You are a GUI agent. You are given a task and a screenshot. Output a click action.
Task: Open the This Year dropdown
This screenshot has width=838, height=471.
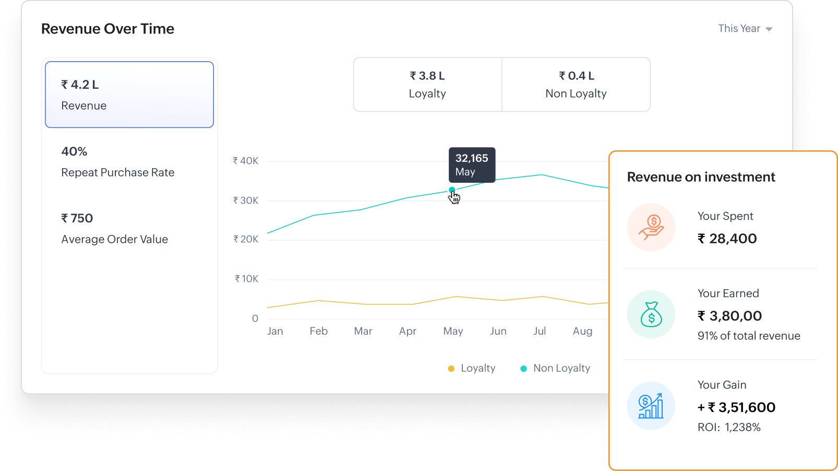[x=745, y=29]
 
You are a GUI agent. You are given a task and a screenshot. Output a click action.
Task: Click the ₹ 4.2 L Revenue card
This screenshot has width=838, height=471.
[x=129, y=95]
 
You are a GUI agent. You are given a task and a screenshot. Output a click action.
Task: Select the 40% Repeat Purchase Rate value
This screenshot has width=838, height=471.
[x=74, y=151]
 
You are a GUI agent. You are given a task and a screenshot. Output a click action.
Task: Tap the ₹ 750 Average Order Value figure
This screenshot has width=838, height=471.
[x=77, y=218]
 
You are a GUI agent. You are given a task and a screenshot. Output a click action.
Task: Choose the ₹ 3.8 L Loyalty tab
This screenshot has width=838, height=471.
[x=427, y=85]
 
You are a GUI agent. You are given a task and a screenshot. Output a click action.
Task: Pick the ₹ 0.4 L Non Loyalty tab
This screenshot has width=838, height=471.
[x=576, y=85]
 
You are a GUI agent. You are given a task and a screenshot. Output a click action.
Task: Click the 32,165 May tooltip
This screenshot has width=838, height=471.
[x=472, y=164]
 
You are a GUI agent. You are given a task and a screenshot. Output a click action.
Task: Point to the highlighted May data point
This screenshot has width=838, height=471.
[x=452, y=190]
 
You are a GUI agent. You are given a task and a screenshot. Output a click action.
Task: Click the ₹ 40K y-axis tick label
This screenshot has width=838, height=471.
[x=246, y=161]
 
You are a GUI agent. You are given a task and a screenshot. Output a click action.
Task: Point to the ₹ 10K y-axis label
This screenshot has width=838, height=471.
[x=246, y=279]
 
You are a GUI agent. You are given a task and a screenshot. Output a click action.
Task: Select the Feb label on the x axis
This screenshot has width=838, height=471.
[x=318, y=331]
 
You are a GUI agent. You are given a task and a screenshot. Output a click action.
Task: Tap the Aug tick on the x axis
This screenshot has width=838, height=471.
[x=582, y=331]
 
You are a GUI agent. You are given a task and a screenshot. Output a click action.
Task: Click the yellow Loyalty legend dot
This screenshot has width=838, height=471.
[x=451, y=369]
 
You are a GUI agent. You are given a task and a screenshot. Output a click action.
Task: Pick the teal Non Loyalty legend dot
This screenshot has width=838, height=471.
[x=523, y=369]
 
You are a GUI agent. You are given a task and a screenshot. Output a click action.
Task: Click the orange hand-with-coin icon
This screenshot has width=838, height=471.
[x=651, y=228]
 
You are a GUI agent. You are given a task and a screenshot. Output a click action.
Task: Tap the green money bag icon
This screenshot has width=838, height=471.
[x=651, y=314]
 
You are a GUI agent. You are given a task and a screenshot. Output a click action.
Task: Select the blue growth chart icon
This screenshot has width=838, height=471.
[x=651, y=406]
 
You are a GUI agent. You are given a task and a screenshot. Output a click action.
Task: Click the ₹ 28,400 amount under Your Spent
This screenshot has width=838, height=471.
[x=727, y=239]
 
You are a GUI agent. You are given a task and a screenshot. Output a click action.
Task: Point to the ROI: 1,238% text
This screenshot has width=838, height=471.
[x=729, y=427]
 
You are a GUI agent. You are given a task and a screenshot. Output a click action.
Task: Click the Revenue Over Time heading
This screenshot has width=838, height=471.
[x=107, y=29]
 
